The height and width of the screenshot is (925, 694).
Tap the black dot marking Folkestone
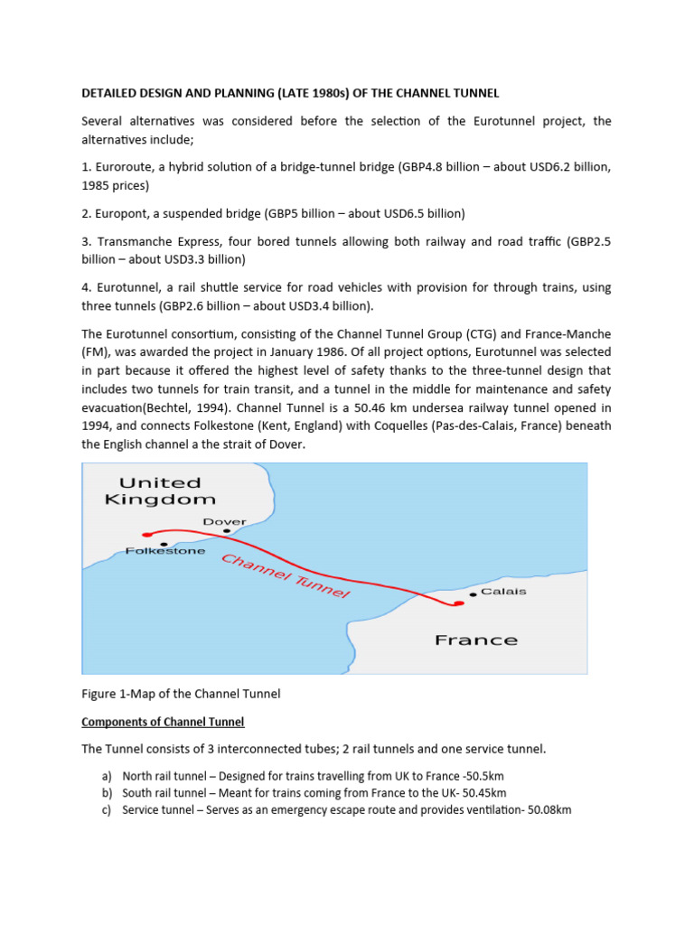tap(164, 544)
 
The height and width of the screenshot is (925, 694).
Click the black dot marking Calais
tap(473, 594)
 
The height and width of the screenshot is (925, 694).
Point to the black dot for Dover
tap(227, 531)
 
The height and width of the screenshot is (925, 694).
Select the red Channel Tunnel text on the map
tap(286, 576)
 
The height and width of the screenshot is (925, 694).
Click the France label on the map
tap(476, 640)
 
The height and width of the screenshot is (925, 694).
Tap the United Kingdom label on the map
tap(161, 491)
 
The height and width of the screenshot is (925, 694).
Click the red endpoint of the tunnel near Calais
tap(458, 603)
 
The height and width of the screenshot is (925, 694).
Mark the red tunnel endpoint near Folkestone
tap(147, 535)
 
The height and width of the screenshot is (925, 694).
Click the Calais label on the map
tap(503, 593)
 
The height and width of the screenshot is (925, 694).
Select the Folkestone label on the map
tap(165, 551)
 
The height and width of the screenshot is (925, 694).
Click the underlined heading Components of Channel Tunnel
tap(163, 722)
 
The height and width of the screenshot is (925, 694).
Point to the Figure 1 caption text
tap(181, 694)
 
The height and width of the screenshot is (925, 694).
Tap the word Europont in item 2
tap(124, 213)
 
